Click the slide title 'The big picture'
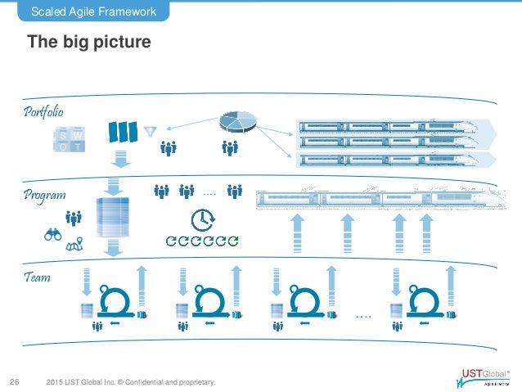[x=89, y=41]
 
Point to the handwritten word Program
[x=45, y=196]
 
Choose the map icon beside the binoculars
[x=76, y=242]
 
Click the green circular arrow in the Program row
[x=234, y=241]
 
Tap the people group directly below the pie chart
[x=230, y=149]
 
